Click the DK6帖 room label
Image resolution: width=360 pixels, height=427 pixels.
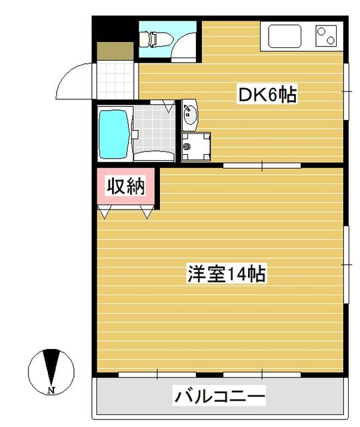click(x=267, y=94)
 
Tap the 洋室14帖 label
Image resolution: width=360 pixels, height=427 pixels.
click(x=227, y=274)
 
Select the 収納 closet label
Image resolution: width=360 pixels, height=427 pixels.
click(x=125, y=186)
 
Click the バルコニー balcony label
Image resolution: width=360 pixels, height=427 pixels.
click(x=219, y=396)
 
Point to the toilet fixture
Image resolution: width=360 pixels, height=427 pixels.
click(x=155, y=39)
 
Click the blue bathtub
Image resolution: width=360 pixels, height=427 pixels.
click(x=113, y=134)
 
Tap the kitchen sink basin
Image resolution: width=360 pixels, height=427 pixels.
click(x=285, y=37)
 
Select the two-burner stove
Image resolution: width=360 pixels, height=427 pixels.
click(x=326, y=35)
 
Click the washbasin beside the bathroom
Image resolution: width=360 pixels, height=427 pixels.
click(x=190, y=115)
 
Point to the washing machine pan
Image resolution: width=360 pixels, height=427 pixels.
click(x=195, y=147)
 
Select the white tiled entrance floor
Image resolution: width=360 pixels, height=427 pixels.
click(x=115, y=80)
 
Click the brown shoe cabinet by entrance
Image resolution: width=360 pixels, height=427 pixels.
click(x=115, y=51)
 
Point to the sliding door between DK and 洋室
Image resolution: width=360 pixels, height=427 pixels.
click(x=262, y=165)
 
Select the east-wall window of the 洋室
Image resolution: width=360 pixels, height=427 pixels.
click(x=346, y=264)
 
